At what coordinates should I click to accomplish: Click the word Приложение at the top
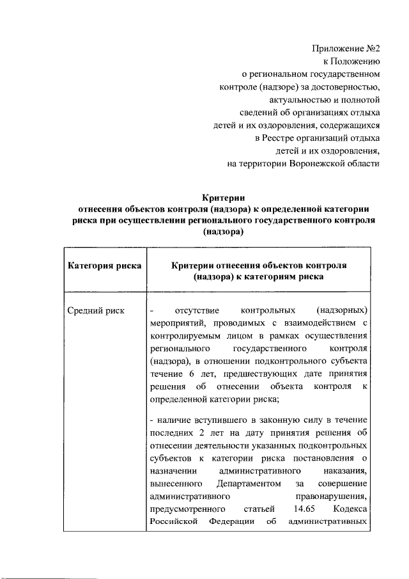tap(338, 48)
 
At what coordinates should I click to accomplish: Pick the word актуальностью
tap(303, 99)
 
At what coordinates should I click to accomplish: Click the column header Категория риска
tap(104, 266)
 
